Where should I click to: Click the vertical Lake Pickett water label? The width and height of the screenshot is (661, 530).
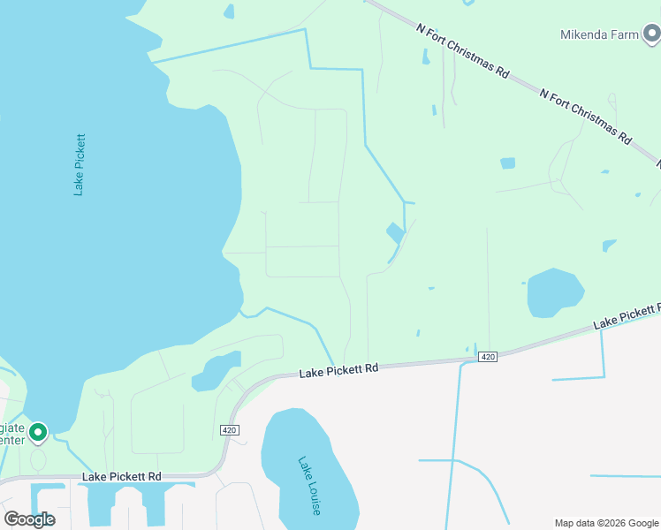[79, 164]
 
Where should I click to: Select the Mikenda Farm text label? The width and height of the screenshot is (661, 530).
[597, 35]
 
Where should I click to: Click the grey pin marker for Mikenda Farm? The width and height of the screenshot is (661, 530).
[652, 34]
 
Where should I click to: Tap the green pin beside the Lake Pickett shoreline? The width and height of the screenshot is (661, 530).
[37, 432]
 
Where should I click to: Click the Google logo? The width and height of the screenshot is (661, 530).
[29, 519]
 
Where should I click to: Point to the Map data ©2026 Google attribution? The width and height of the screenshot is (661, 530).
[605, 523]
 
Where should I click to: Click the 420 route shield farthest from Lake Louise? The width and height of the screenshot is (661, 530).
[487, 357]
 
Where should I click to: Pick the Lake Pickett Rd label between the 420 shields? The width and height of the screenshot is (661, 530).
[338, 370]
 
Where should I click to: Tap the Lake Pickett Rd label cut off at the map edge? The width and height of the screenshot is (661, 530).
[627, 316]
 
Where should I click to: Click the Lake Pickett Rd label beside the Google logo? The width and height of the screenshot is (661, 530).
[122, 477]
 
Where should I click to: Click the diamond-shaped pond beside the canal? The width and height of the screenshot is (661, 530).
[395, 233]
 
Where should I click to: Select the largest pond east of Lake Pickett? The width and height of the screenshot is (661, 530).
[555, 292]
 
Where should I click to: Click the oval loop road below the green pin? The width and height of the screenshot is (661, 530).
[38, 459]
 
